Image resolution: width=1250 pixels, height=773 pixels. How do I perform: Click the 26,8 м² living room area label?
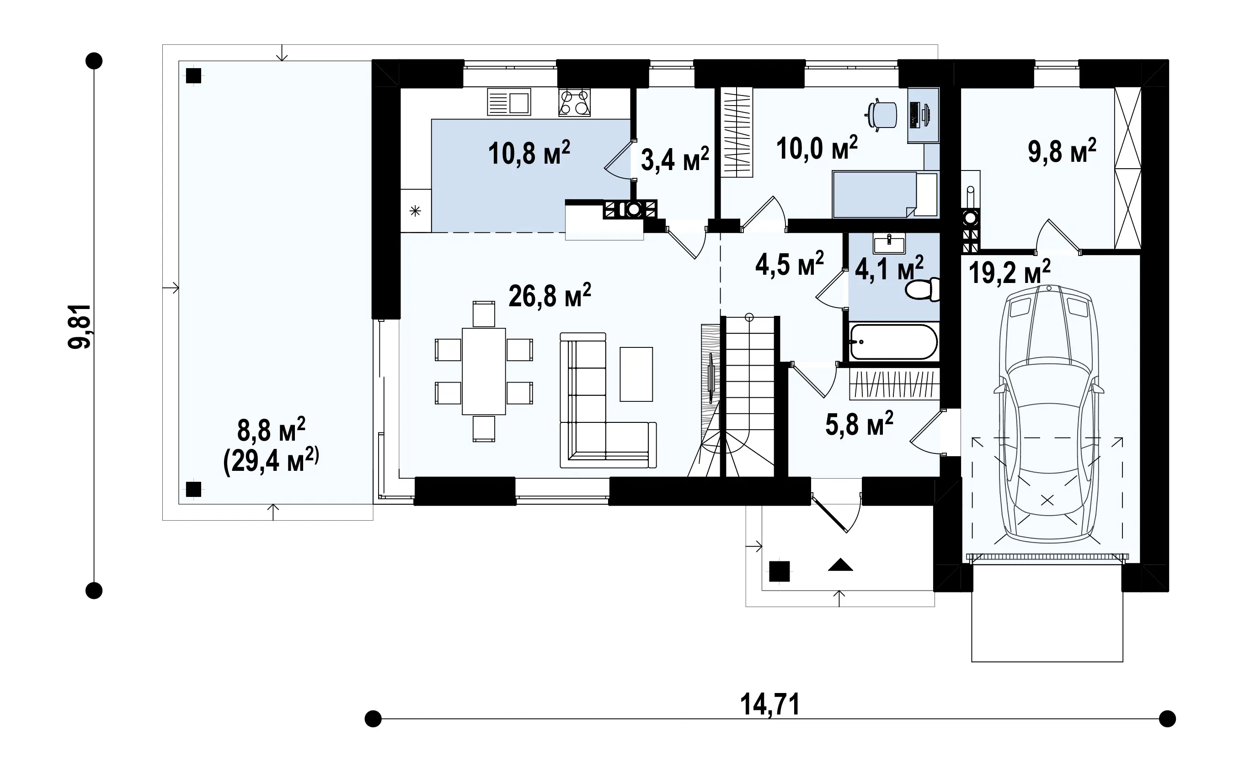click(x=550, y=295)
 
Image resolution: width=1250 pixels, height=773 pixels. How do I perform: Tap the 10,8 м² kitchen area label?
click(x=529, y=152)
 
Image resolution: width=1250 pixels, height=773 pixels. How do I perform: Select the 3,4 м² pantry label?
click(x=675, y=159)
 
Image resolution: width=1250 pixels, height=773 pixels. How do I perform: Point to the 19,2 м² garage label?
click(x=1009, y=272)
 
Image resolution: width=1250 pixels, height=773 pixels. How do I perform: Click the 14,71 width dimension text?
click(x=770, y=704)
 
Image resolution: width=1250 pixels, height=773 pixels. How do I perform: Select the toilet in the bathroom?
click(x=922, y=289)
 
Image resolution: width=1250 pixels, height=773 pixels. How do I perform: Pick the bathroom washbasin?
click(x=889, y=243)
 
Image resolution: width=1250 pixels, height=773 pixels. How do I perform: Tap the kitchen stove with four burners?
click(x=575, y=102)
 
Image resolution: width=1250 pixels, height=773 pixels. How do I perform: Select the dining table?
click(x=484, y=371)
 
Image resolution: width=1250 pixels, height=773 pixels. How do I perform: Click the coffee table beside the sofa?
click(x=636, y=374)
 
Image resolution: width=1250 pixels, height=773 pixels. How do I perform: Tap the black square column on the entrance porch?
click(x=779, y=571)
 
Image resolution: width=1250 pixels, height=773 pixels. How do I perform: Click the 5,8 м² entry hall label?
click(x=860, y=424)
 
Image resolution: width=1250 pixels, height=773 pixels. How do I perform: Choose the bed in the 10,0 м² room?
click(x=885, y=195)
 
